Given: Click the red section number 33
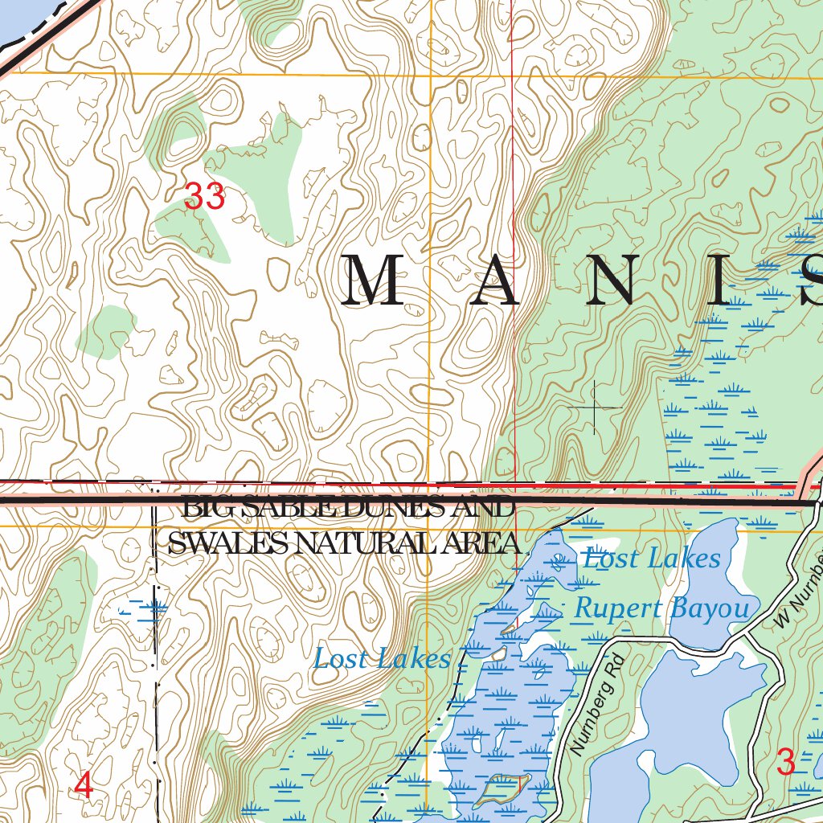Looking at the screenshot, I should [204, 196].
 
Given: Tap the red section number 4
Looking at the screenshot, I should [84, 785].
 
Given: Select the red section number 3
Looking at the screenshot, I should [786, 761].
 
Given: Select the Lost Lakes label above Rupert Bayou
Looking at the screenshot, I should [651, 558].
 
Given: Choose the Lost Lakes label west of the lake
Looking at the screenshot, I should [382, 659].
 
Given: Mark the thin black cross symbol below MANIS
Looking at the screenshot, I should [595, 407].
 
